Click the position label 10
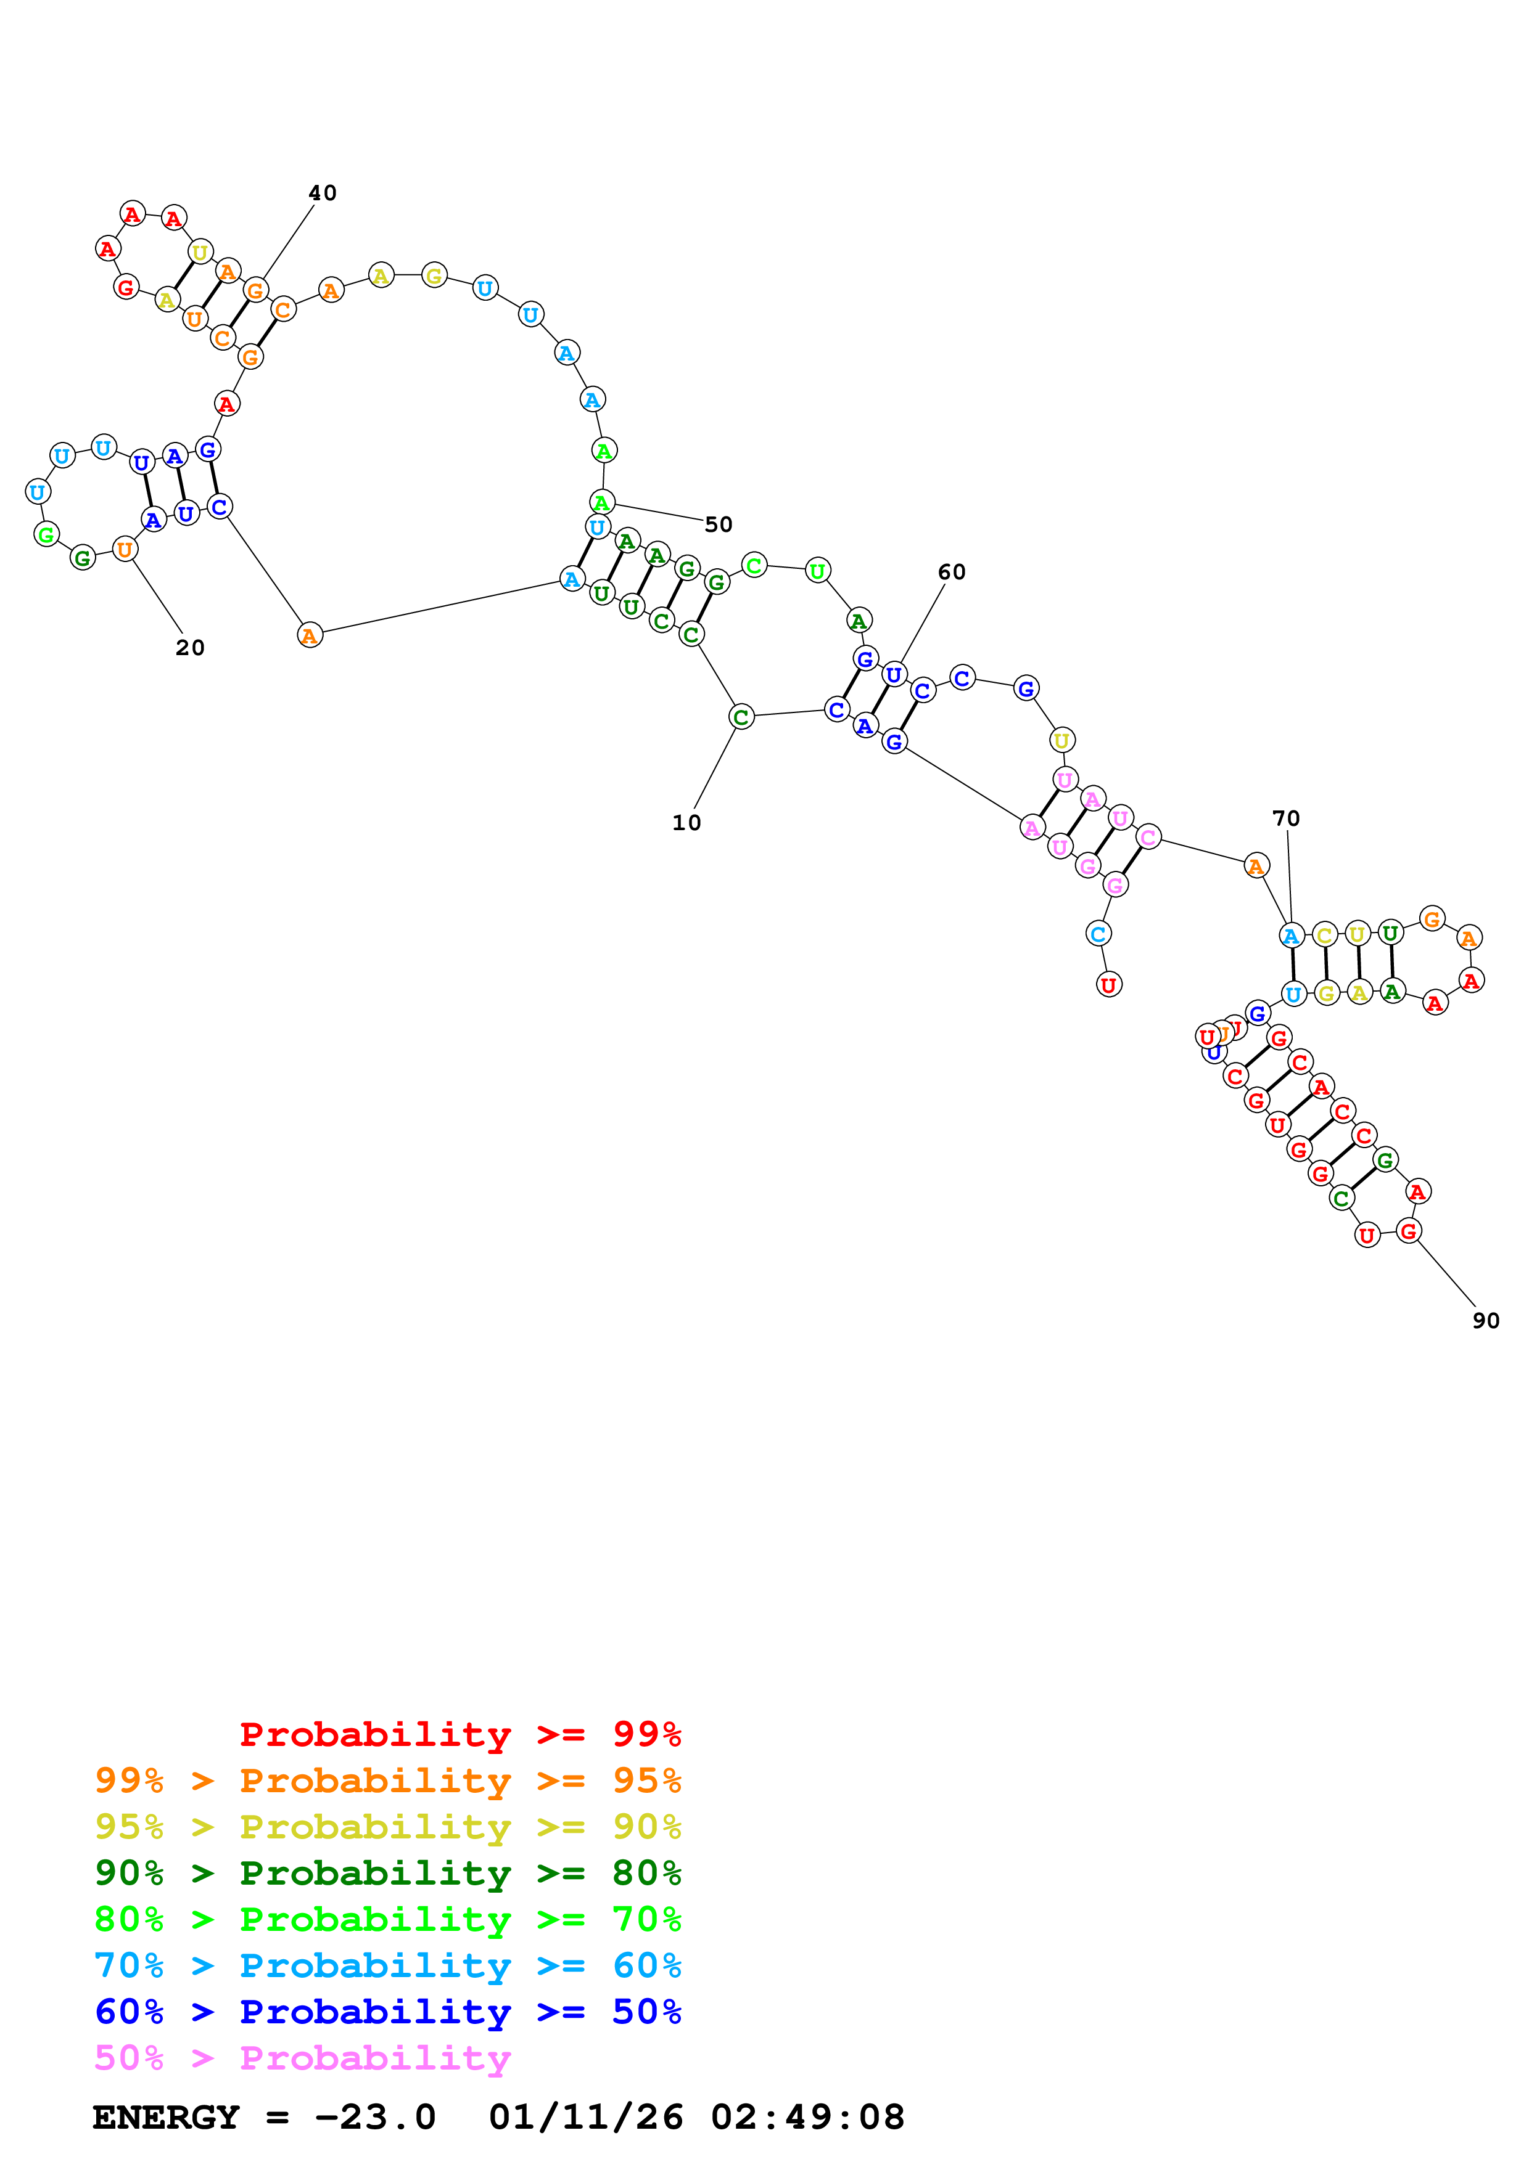(x=686, y=823)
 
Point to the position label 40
(x=322, y=193)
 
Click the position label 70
(x=1286, y=818)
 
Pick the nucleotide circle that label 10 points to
(x=741, y=717)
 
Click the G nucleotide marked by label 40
(x=255, y=290)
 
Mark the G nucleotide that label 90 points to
(x=1408, y=1231)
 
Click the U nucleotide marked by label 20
(x=125, y=549)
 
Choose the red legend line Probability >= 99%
(x=460, y=1734)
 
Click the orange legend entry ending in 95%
(x=387, y=1781)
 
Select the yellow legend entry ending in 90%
(x=387, y=1827)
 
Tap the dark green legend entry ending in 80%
(x=387, y=1873)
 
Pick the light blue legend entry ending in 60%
(x=387, y=1965)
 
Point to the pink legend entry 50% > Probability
(x=302, y=2057)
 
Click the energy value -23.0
(x=375, y=2118)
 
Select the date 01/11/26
(x=585, y=2118)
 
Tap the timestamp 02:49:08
(x=807, y=2118)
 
